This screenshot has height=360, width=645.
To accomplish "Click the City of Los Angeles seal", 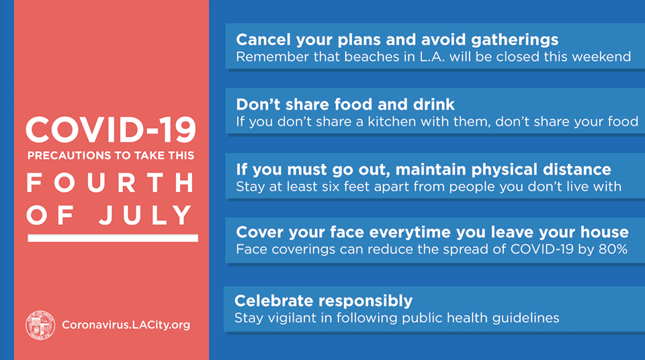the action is pyautogui.click(x=40, y=325).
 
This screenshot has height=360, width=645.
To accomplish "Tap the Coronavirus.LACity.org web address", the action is pyautogui.click(x=126, y=325).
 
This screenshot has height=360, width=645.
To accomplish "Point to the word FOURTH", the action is pyautogui.click(x=110, y=183).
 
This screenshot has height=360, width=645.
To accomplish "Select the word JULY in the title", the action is pyautogui.click(x=146, y=215).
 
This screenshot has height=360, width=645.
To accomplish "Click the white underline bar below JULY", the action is pyautogui.click(x=113, y=238).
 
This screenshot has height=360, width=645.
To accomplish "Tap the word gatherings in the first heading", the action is pyautogui.click(x=515, y=40).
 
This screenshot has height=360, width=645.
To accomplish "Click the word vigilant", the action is pyautogui.click(x=296, y=318).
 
